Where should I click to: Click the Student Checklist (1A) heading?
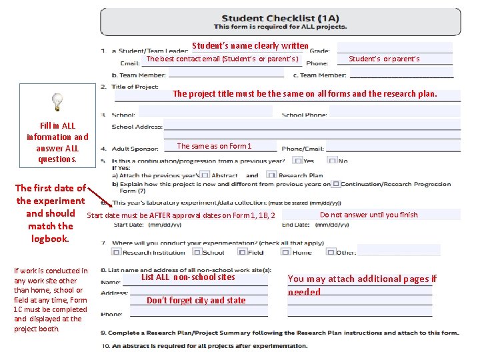[280, 19]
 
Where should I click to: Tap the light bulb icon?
[58, 102]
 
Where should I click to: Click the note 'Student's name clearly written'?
[250, 46]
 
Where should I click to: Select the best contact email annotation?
[222, 59]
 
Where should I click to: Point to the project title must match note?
[305, 94]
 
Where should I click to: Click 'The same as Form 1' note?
[214, 146]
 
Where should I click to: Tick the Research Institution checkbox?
[117, 253]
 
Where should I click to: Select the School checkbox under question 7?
[197, 253]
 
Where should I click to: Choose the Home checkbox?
[286, 253]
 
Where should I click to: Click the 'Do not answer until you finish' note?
[369, 215]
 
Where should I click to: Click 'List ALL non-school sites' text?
[188, 277]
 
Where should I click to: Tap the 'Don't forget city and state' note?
[196, 300]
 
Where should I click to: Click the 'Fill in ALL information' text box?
[57, 142]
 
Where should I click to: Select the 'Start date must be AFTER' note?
[181, 215]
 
